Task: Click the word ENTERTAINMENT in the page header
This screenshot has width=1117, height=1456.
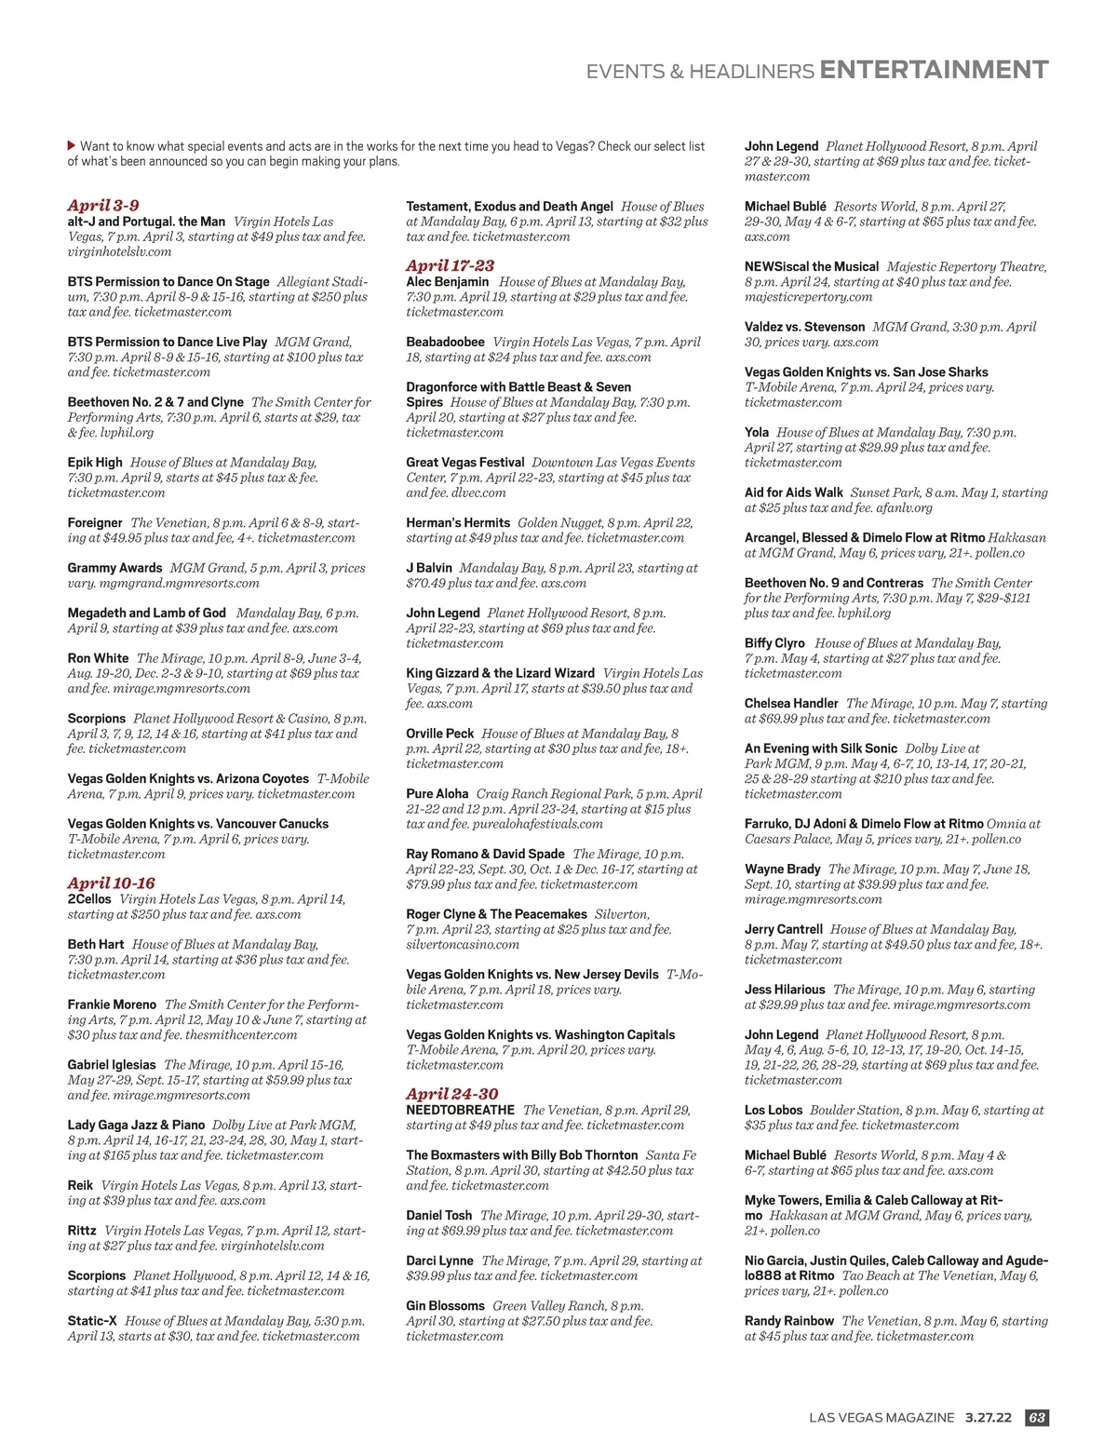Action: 934,70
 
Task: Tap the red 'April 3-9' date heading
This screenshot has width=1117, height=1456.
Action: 103,205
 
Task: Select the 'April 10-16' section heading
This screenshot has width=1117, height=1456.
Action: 111,883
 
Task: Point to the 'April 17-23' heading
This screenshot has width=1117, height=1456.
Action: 450,265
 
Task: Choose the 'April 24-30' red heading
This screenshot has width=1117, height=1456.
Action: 451,1094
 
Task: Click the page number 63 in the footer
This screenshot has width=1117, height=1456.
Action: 1036,1417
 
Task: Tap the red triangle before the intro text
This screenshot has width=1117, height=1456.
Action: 72,145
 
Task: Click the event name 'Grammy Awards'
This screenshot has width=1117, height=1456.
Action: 114,568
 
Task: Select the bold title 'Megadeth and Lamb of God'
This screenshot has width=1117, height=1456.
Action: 146,613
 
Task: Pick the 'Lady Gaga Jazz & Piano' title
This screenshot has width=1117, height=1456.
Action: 136,1125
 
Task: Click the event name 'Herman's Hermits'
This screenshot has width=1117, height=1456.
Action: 458,522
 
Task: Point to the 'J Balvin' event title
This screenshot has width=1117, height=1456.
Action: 429,568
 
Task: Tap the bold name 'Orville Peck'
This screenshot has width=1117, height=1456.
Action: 439,734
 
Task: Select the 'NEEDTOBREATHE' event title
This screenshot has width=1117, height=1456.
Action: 460,1110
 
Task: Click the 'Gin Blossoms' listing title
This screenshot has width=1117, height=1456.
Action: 445,1305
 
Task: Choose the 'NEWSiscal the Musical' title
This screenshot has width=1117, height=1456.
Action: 811,266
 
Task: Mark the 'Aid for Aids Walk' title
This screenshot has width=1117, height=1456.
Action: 793,492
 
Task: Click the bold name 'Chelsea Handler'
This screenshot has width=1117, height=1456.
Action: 791,703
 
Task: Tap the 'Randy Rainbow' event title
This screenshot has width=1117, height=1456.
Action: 789,1320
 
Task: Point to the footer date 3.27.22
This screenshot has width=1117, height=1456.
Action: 988,1417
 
